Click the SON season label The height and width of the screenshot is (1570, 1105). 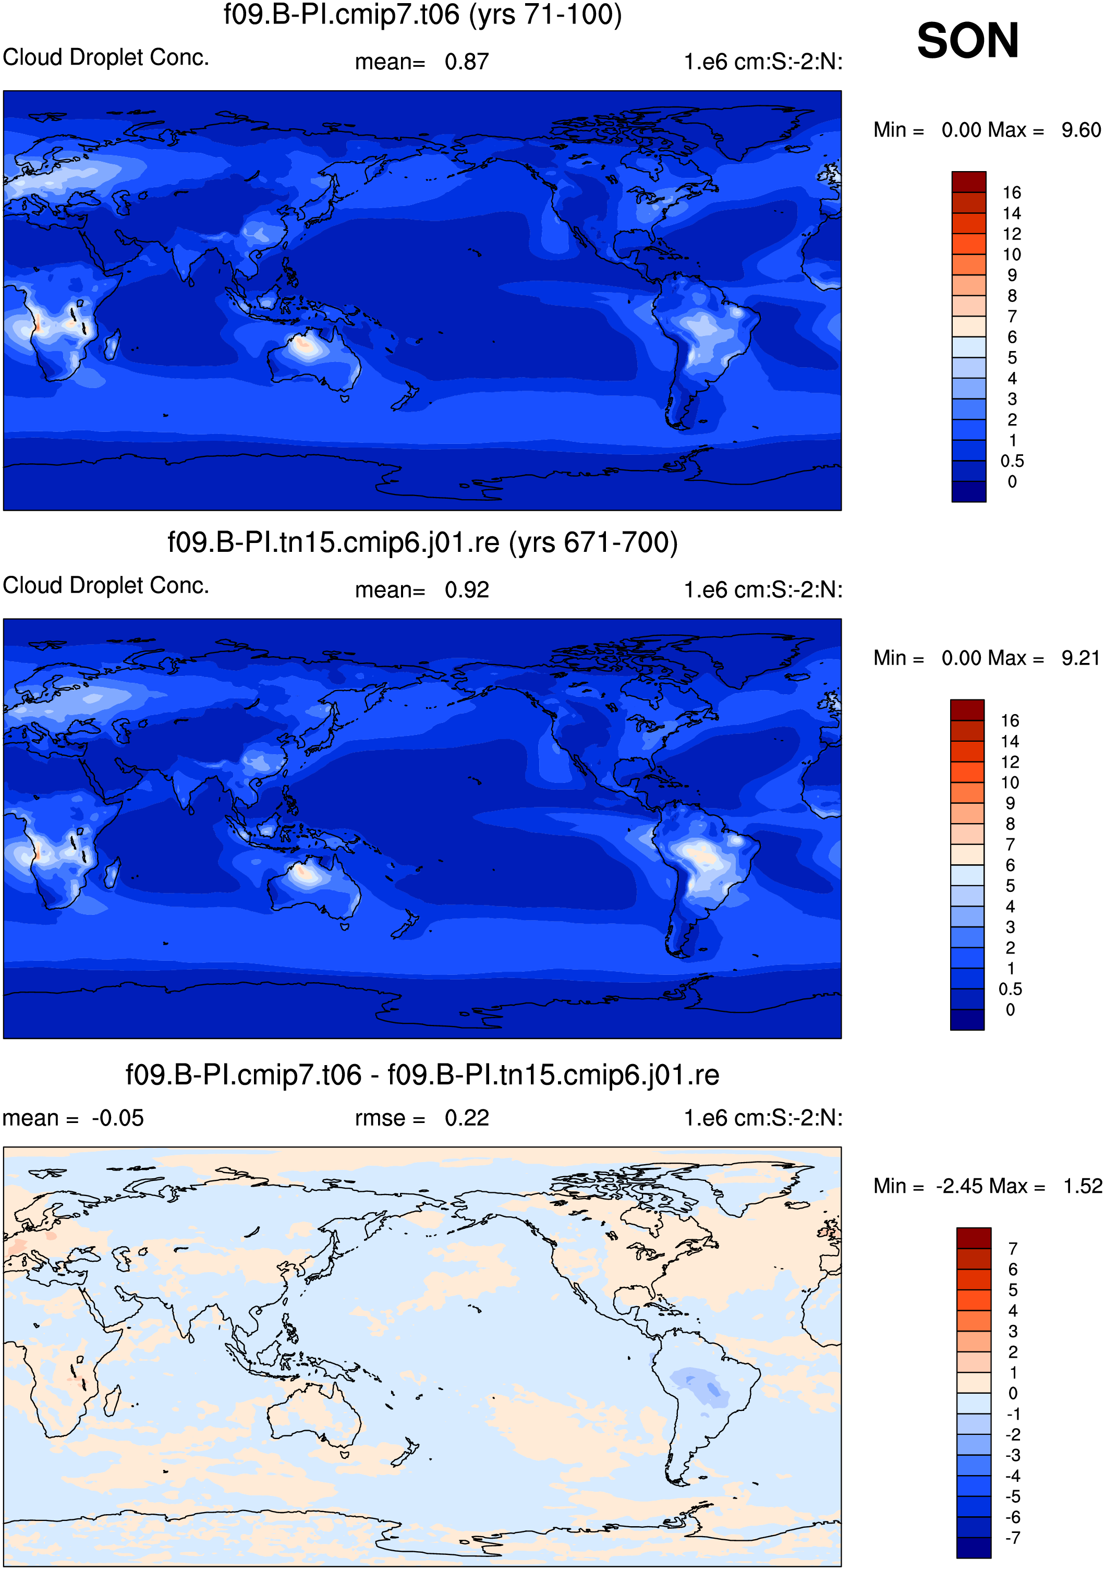point(967,41)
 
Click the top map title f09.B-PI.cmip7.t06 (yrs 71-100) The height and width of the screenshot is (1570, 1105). point(422,15)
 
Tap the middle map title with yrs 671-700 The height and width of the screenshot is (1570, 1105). point(422,542)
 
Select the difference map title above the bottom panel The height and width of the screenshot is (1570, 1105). point(422,1075)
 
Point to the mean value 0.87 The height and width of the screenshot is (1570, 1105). point(467,62)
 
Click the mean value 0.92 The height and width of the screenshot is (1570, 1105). point(467,590)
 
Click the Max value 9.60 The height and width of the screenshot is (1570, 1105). point(1081,130)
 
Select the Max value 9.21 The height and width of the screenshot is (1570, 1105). point(1080,658)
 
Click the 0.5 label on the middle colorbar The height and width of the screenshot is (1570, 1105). point(1011,989)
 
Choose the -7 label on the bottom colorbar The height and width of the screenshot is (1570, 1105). point(1013,1537)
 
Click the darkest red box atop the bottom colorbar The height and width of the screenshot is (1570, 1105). point(974,1238)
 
